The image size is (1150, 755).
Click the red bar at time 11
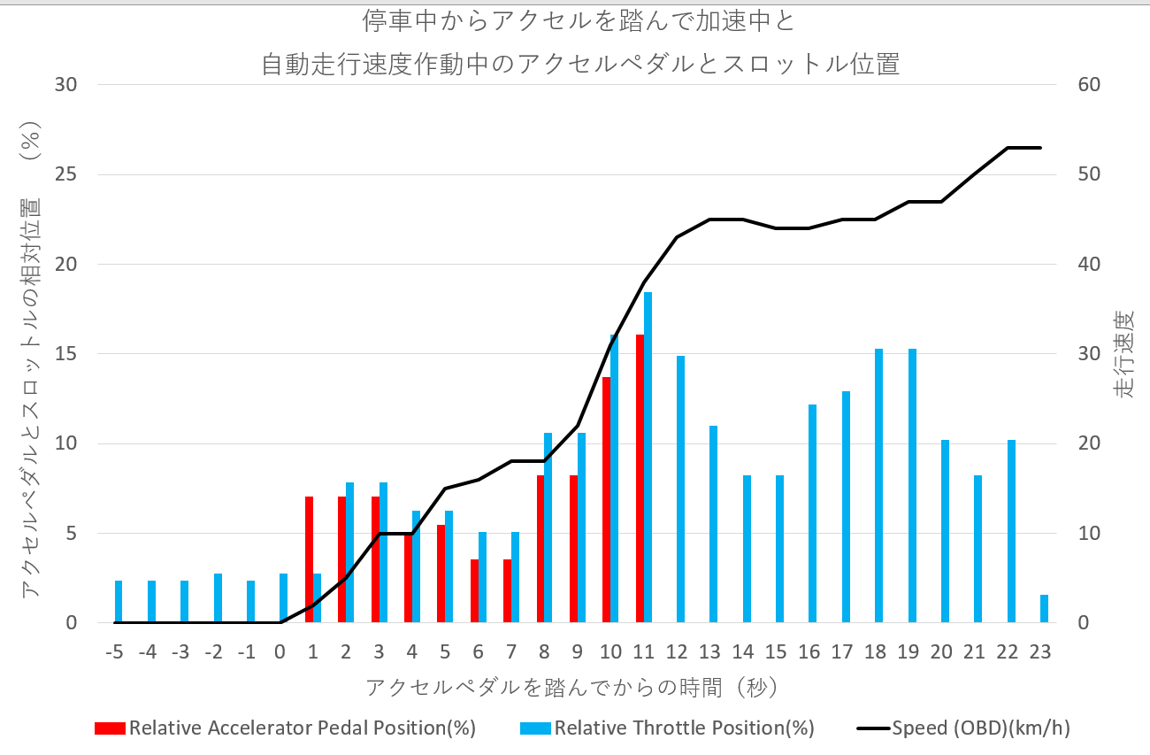coord(640,479)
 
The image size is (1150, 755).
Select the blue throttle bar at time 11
coord(648,458)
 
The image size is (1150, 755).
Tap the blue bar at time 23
coord(1044,609)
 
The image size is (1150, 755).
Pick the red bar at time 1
coord(310,559)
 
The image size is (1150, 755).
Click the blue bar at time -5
coord(119,602)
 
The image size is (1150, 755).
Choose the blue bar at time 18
coord(879,486)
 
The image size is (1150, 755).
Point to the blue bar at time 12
coord(681,489)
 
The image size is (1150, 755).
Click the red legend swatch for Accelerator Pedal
coord(110,728)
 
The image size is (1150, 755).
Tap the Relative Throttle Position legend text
coord(684,728)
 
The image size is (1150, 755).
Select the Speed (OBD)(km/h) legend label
coord(981,728)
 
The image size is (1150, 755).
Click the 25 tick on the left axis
coord(66,174)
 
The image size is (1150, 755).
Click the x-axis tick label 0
coord(280,652)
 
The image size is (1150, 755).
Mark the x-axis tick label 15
coord(776,652)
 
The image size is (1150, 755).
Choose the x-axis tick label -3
coord(180,652)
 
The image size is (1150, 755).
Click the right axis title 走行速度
coord(1123,354)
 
